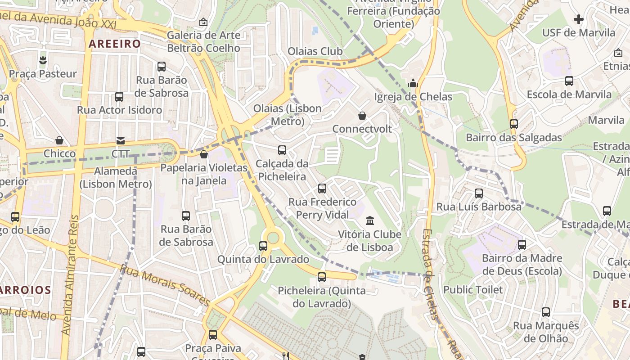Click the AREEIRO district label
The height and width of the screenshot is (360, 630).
[x=115, y=44]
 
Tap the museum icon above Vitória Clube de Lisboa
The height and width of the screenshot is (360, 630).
[x=370, y=220]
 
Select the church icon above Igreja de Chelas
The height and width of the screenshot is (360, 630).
[x=413, y=83]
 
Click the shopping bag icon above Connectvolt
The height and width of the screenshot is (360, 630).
[x=362, y=116]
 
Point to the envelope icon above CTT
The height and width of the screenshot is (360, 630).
[x=121, y=141]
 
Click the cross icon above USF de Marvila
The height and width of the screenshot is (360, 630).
[x=579, y=19]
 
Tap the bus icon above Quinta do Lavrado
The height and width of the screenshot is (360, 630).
[x=263, y=246]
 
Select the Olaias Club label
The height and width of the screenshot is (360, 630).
[x=315, y=51]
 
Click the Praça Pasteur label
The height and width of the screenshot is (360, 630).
[x=43, y=74]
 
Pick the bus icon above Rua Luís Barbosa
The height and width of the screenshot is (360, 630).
[x=479, y=193]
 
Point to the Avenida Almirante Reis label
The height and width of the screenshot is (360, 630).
[x=71, y=274]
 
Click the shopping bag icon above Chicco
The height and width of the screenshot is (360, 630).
[x=59, y=141]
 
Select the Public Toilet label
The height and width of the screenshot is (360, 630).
[x=473, y=289]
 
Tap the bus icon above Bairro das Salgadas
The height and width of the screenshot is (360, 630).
[x=513, y=124]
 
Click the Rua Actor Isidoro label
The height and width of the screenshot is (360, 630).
[x=119, y=110]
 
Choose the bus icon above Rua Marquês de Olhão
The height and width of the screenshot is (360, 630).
[x=546, y=312]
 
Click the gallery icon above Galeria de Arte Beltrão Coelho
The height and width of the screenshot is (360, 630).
[x=203, y=22]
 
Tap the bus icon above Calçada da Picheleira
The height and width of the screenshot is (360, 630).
[x=282, y=150]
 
